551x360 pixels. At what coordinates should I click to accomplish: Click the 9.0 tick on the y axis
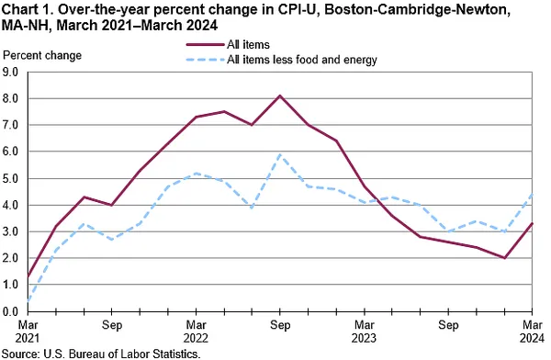[x=12, y=71]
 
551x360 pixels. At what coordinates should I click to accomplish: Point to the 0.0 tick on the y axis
[x=12, y=312]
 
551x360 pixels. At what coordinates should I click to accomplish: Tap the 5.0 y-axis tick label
[x=12, y=178]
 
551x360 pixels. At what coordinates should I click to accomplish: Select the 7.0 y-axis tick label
[x=12, y=125]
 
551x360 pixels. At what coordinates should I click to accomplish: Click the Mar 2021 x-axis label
[x=27, y=331]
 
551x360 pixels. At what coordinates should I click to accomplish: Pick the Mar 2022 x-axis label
[x=195, y=331]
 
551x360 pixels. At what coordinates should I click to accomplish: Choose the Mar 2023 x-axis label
[x=364, y=331]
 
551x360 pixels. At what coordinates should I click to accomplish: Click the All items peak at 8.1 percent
[x=279, y=96]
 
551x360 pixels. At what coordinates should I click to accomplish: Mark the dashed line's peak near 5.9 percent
[x=279, y=154]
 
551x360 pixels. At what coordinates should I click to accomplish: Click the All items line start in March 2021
[x=28, y=276]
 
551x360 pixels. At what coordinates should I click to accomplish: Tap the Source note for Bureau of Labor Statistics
[x=101, y=353]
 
